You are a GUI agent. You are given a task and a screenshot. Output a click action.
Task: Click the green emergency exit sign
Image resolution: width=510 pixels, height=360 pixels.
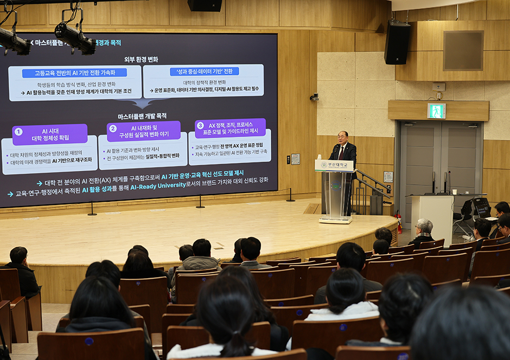(x=436, y=111)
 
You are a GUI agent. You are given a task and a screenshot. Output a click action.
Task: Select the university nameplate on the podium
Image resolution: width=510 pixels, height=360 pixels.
(x=334, y=165)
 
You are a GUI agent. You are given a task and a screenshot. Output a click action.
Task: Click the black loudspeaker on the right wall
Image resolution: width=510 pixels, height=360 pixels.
(x=397, y=43)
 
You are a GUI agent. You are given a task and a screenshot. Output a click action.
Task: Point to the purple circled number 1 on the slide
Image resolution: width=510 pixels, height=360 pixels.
(x=18, y=131)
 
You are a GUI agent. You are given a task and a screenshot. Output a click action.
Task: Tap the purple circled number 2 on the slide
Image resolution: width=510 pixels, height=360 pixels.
(x=113, y=128)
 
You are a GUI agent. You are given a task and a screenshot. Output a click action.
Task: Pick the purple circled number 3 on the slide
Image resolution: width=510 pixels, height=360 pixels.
(x=200, y=125)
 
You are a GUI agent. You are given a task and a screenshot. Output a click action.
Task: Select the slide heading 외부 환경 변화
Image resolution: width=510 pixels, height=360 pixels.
(x=141, y=59)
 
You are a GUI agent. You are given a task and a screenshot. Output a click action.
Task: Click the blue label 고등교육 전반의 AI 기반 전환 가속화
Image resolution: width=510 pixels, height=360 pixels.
(x=74, y=73)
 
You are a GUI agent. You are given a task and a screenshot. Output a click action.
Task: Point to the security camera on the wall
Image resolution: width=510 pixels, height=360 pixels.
(x=314, y=97)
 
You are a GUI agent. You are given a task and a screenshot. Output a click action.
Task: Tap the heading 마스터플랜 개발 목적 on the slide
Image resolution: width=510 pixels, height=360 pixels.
(x=142, y=116)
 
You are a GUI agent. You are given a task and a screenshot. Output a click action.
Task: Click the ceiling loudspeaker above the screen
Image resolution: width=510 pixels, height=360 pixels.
(x=205, y=5)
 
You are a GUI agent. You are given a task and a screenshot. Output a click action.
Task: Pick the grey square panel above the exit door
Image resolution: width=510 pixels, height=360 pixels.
(x=463, y=50)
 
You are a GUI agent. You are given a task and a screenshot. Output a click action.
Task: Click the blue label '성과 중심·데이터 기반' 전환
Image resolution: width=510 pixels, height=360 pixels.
(x=204, y=71)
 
